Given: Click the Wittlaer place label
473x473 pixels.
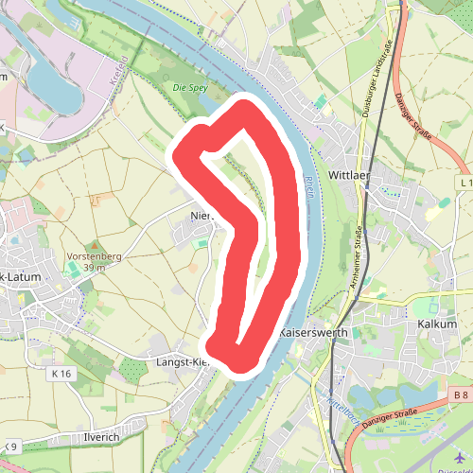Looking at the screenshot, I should click(352, 176).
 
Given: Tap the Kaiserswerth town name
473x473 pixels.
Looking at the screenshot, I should click(314, 333).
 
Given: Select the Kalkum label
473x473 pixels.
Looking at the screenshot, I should click(437, 324).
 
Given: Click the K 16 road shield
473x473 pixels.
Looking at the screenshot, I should click(61, 375).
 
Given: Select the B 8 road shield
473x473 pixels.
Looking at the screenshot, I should click(461, 394).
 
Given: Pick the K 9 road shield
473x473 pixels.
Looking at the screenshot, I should click(10, 446).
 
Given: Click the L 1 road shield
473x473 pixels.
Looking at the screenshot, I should click(464, 182).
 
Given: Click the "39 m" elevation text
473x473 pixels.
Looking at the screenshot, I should click(94, 268).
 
